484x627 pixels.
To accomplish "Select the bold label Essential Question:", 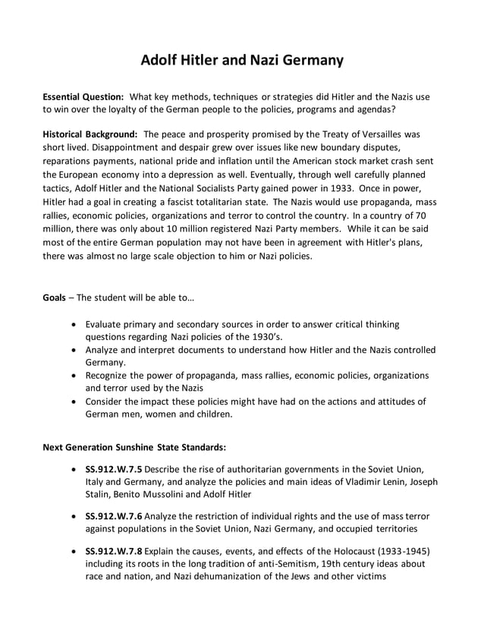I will point(83,98).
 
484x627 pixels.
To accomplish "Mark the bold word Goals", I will point(54,297).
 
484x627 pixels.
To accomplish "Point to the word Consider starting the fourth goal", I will point(108,402).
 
